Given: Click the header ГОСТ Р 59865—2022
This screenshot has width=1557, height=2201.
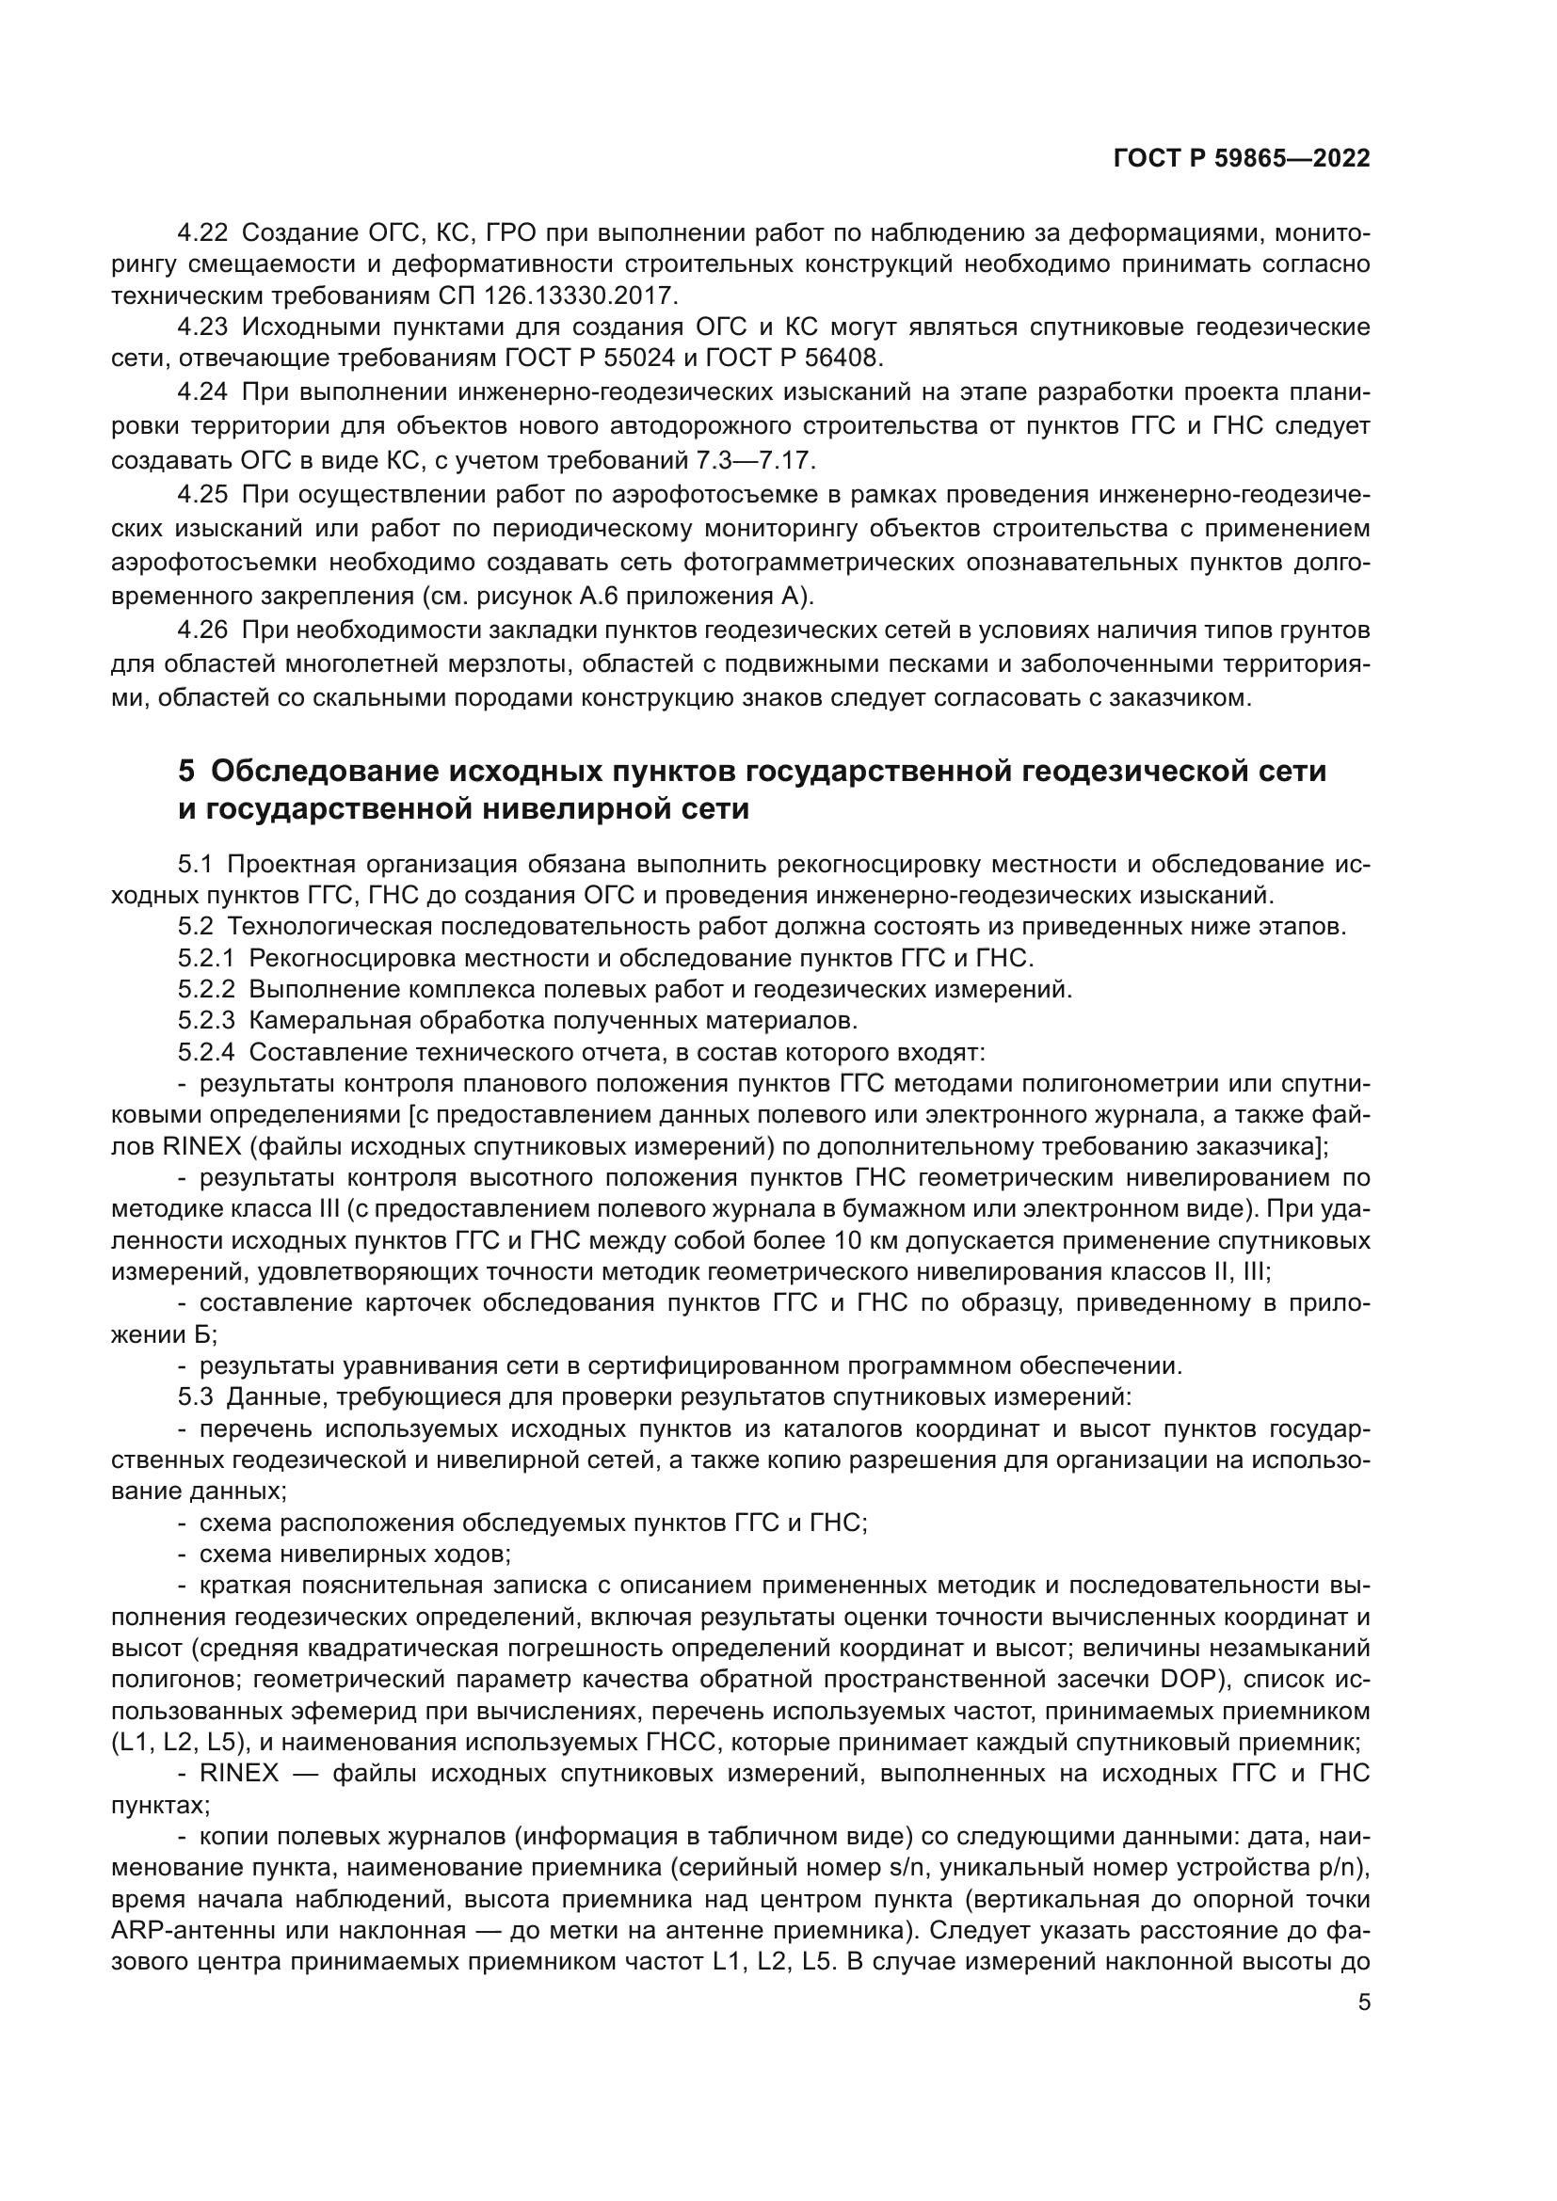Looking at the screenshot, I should pos(1241,158).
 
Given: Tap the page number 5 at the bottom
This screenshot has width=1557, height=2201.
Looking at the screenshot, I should pos(1364,2002).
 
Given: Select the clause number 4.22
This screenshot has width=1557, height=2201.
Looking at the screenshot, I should pos(202,233).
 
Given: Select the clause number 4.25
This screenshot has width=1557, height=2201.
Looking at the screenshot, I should pos(202,495).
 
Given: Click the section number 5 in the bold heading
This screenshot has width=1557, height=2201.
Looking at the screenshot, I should pos(187,771).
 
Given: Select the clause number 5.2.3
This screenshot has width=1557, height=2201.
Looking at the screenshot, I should pos(206,1020).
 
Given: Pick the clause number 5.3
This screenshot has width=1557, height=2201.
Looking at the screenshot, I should pos(196,1397).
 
